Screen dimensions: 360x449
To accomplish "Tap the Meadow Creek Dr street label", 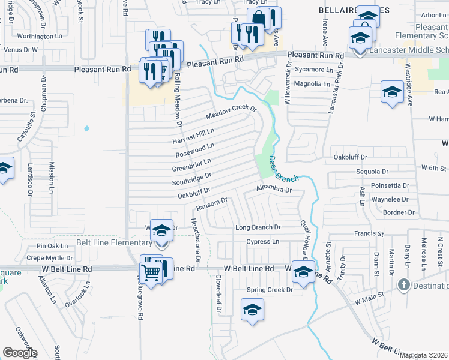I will coord(231,112).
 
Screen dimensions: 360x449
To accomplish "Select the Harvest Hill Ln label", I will coord(193,136).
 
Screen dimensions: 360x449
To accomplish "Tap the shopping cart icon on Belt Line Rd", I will coord(150,273).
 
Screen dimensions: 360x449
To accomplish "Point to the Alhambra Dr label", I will coord(273,189).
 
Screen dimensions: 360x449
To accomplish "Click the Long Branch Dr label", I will coord(258,227).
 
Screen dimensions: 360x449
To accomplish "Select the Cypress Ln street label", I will coord(263,241).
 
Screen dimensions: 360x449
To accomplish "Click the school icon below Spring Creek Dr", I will coord(253,310).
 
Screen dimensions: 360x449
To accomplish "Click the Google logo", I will coord(20,353).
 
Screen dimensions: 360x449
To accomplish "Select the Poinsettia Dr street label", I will coord(390,185).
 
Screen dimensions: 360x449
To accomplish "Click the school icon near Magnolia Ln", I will coord(392,92).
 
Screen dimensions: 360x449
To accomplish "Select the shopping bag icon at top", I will coord(258,18).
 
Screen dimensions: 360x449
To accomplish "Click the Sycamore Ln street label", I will coord(316,70).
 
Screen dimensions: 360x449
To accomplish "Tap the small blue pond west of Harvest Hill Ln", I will coord(88,128).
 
